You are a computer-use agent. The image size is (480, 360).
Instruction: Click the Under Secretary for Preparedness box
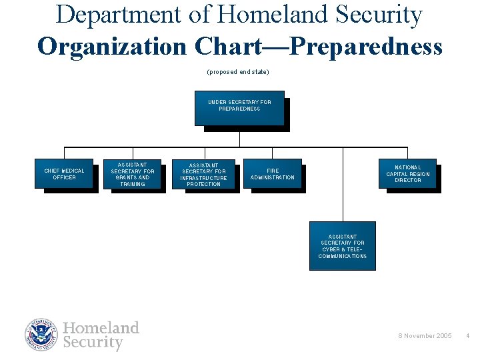(239, 107)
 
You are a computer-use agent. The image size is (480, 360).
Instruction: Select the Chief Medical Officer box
(64, 173)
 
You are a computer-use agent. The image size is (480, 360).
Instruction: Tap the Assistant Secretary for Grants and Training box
(132, 173)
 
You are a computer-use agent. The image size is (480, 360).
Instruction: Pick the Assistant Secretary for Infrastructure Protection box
(203, 174)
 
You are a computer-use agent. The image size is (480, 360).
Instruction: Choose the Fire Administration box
(272, 173)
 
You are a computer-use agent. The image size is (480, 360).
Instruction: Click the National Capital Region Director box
(407, 173)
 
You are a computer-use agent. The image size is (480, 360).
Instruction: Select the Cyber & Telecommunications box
(342, 245)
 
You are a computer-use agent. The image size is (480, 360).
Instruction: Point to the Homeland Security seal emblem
(42, 335)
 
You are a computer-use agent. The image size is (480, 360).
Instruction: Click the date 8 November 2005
(425, 335)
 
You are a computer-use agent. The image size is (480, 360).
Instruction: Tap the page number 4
(467, 335)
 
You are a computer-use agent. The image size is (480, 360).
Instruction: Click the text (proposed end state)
(239, 71)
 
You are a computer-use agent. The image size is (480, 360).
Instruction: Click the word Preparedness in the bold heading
(367, 47)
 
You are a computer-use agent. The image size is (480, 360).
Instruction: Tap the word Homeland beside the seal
(101, 328)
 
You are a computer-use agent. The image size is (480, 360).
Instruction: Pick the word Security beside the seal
(93, 343)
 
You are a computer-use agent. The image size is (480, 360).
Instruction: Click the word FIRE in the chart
(273, 171)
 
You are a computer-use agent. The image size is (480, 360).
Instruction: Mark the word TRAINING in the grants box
(132, 184)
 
